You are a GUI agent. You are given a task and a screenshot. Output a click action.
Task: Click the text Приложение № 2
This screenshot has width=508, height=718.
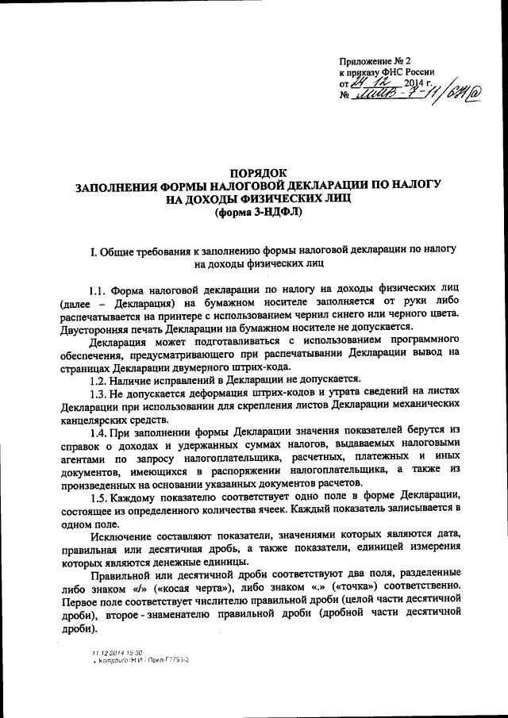click(376, 60)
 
